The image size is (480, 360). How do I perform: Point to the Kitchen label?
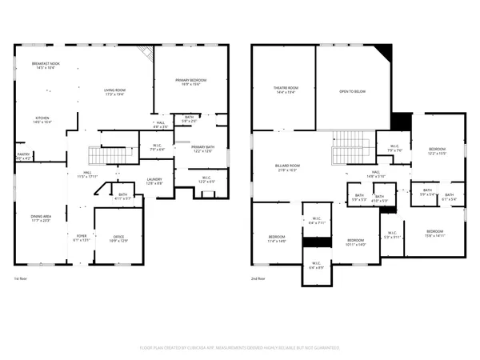click(42, 119)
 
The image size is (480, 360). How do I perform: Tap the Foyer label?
click(82, 238)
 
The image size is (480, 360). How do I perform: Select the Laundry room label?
click(154, 182)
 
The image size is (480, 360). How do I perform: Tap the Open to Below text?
click(352, 92)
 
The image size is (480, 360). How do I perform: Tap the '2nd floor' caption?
click(259, 278)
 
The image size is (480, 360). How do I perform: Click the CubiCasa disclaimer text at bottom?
click(240, 348)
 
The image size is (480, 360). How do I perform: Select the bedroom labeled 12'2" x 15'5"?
click(437, 151)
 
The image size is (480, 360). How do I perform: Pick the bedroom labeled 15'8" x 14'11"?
click(434, 233)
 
